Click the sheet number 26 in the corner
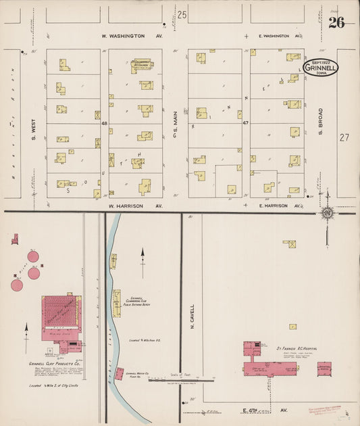coord(336,23)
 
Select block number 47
coord(246,124)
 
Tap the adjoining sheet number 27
coord(344,137)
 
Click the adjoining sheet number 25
coord(181,14)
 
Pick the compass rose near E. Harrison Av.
coord(328,214)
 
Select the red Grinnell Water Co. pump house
coord(119,373)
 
